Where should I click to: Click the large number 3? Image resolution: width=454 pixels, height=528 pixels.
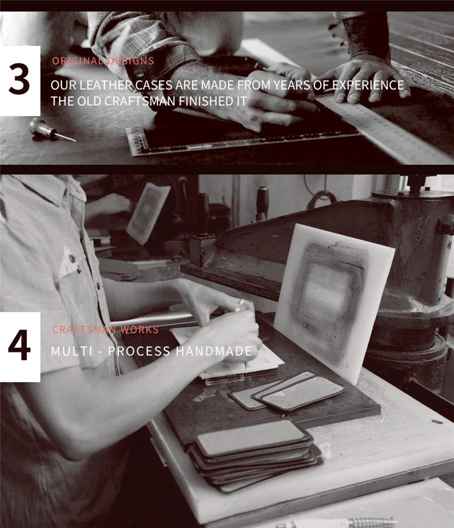coord(19,79)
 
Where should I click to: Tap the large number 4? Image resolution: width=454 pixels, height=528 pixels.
coord(19,345)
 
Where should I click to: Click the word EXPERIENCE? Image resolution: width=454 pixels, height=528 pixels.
coord(368,85)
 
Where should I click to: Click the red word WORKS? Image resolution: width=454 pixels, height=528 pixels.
coord(139,330)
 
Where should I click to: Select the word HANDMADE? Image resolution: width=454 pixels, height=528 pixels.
coord(214,351)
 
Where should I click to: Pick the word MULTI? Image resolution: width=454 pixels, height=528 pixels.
coord(72,351)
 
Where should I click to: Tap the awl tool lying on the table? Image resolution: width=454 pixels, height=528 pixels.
coord(51,130)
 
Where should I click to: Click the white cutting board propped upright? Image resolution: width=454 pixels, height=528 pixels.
coord(333,301)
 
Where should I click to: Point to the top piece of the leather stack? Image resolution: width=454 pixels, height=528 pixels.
coord(252,436)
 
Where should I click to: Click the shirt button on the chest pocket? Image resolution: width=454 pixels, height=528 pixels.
coord(72,259)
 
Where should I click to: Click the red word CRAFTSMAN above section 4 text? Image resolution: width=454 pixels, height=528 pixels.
coord(84,330)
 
